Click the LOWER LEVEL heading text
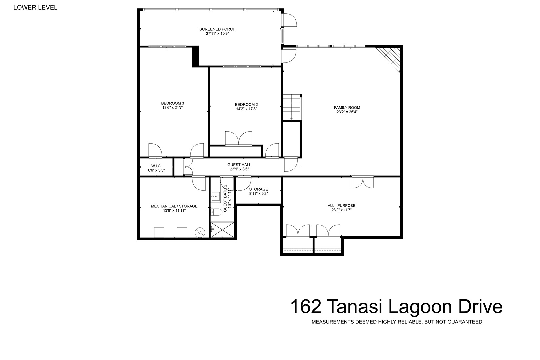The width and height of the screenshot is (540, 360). [35, 7]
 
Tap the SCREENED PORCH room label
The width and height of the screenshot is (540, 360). [217, 29]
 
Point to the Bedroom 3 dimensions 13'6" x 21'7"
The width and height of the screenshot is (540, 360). [173, 108]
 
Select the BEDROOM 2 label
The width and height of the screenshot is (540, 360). [246, 104]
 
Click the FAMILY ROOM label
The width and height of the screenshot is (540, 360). [347, 108]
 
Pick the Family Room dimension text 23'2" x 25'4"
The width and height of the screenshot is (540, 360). [347, 112]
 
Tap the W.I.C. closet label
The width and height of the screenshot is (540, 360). [156, 166]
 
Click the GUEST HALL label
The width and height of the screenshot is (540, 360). [239, 165]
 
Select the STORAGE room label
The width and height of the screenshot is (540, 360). [258, 189]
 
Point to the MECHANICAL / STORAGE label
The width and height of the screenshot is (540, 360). [174, 206]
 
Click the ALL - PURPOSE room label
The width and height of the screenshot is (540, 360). [341, 205]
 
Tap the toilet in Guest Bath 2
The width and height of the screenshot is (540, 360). [216, 212]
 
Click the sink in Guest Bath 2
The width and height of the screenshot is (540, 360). [216, 197]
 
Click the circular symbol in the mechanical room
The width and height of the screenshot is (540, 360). [200, 232]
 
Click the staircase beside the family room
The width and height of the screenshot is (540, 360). [292, 107]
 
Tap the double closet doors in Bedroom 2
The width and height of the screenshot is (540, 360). [238, 139]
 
